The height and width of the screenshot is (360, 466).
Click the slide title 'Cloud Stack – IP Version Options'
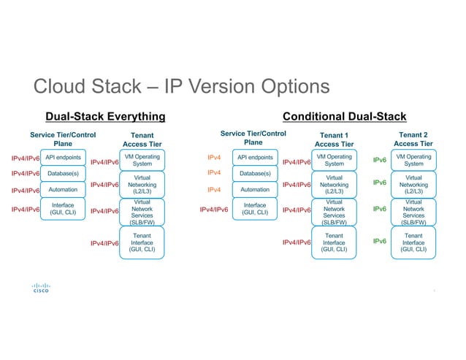pos(181,88)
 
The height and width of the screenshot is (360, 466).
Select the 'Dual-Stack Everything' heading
pos(106,116)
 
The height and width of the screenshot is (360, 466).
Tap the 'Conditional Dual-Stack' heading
pos(344,116)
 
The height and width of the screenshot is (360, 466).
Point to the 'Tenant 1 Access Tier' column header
pos(335,139)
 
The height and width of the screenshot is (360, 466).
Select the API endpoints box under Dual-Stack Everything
pos(64,157)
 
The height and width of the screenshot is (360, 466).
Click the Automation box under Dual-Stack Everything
pos(64,190)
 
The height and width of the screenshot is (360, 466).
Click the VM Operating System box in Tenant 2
pos(413,160)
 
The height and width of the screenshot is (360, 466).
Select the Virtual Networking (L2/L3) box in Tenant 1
pos(335,185)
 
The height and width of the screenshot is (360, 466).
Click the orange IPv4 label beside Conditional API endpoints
pos(215,156)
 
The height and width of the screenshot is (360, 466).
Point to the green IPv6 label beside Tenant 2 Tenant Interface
pos(380,240)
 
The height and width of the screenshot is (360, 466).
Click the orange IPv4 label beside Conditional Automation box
pos(215,190)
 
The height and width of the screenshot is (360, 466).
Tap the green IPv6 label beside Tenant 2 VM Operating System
pos(380,159)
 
